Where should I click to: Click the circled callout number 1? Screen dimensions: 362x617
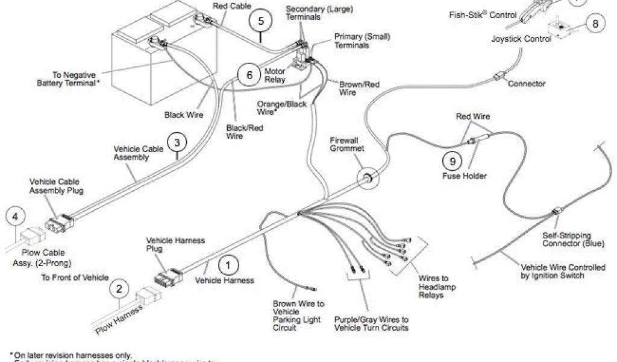[228, 264]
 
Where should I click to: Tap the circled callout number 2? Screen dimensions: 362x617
[119, 288]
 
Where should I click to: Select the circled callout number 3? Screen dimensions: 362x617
[176, 144]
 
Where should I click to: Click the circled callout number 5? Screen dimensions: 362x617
[260, 21]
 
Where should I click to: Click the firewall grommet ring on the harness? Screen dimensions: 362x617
[365, 179]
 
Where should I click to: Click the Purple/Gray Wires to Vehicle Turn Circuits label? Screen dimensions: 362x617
[372, 323]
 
